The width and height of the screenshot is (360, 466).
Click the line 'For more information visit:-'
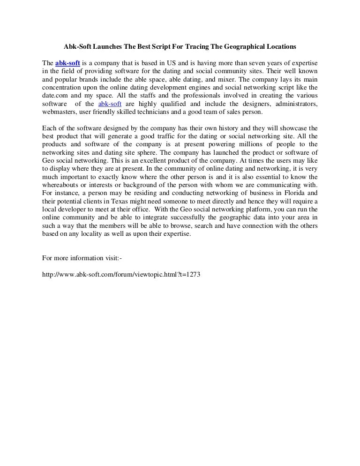pos(82,257)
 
